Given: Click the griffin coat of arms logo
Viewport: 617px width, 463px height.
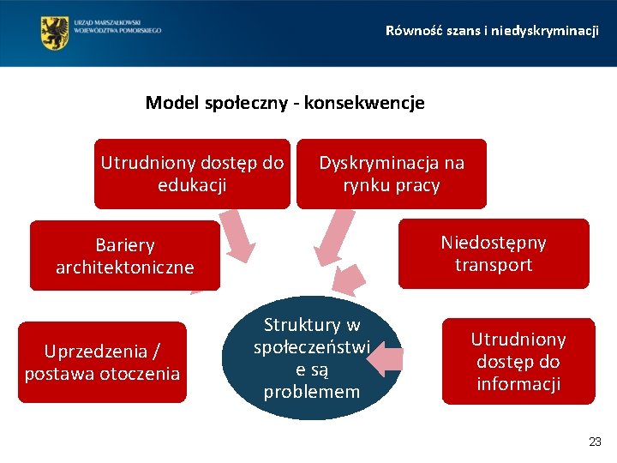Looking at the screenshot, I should (x=55, y=33).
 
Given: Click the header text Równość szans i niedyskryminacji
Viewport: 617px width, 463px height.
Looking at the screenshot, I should (x=492, y=31).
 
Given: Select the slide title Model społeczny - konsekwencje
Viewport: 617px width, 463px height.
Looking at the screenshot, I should (x=285, y=104).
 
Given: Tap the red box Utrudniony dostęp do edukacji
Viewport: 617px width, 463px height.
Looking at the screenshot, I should (x=192, y=174).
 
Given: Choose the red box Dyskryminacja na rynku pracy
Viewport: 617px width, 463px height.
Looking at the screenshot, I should (x=391, y=174).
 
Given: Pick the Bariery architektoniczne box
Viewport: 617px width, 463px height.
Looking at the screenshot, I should (x=125, y=256).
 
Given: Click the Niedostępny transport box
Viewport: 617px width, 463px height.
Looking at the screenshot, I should (x=494, y=254).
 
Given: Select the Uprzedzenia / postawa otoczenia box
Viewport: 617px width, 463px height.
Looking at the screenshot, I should (x=102, y=362).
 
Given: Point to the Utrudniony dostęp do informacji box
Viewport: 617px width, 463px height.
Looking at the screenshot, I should (x=518, y=362).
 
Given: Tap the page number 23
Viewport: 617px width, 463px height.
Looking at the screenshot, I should (x=596, y=442).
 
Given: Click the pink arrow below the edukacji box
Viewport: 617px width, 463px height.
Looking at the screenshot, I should (x=237, y=235).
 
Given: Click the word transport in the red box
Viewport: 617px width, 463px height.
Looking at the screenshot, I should (x=494, y=265).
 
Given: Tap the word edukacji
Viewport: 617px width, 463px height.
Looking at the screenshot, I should (x=192, y=185).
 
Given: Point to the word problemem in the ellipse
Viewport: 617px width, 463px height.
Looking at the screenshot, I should (x=312, y=393).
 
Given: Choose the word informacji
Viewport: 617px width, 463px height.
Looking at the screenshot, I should (x=518, y=384).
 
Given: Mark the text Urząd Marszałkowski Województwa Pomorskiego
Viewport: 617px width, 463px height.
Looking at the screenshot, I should (x=118, y=26).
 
